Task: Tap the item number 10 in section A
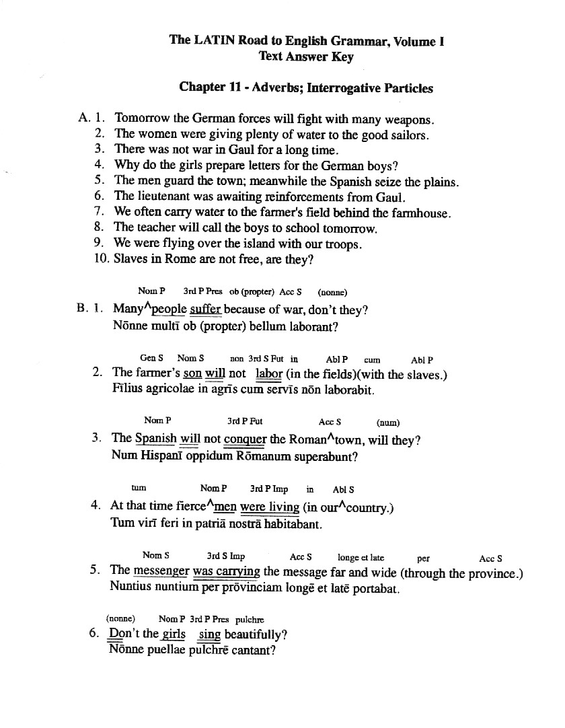102,258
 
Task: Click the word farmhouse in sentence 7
420,213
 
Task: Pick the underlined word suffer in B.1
205,310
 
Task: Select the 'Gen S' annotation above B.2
152,359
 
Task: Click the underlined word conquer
245,440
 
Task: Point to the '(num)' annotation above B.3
388,423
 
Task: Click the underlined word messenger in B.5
161,572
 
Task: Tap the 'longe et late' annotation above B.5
361,558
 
